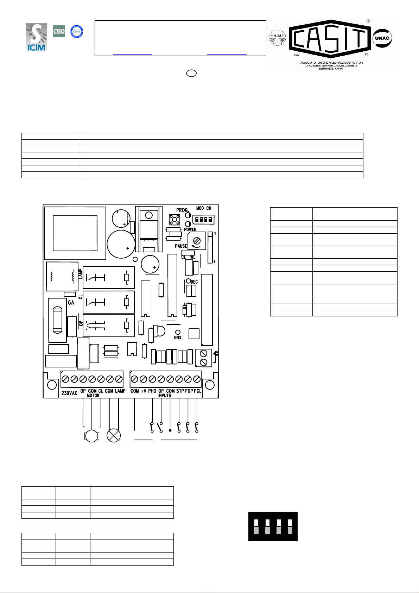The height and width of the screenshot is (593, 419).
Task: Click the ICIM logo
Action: tap(36, 37)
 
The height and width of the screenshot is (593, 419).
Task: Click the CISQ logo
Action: tap(59, 31)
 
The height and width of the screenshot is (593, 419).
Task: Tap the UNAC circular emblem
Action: tap(382, 38)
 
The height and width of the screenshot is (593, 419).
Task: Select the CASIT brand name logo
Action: tap(330, 39)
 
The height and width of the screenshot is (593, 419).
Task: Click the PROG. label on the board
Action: tap(183, 210)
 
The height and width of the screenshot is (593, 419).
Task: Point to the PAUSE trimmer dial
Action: tap(197, 241)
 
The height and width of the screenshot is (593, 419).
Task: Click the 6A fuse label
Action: tap(71, 302)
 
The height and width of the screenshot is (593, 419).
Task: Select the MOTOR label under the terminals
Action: tap(93, 396)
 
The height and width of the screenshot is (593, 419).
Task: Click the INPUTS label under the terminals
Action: tap(165, 396)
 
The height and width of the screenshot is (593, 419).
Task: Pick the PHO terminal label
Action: tap(152, 391)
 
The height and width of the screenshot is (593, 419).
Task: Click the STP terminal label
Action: tap(180, 391)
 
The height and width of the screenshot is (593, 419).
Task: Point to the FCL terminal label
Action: tap(198, 391)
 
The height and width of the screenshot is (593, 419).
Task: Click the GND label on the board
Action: tap(178, 337)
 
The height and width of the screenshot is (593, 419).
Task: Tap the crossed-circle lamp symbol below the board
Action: tap(114, 436)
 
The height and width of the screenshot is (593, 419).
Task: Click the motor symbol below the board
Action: tap(92, 436)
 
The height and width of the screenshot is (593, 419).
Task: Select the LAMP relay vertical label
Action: tap(80, 274)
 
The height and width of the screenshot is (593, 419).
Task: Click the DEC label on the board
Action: tap(194, 282)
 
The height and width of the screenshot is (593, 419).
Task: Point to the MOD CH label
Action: tap(204, 208)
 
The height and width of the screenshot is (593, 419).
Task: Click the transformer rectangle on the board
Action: tap(75, 233)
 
